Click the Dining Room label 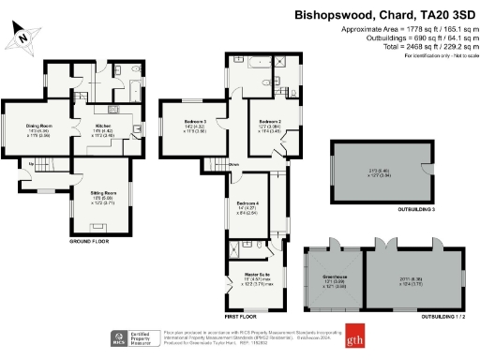pos(39,126)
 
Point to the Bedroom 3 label pos(194,122)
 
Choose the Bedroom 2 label pos(270,122)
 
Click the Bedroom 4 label pos(247,203)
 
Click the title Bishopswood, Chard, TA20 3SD pos(384,15)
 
